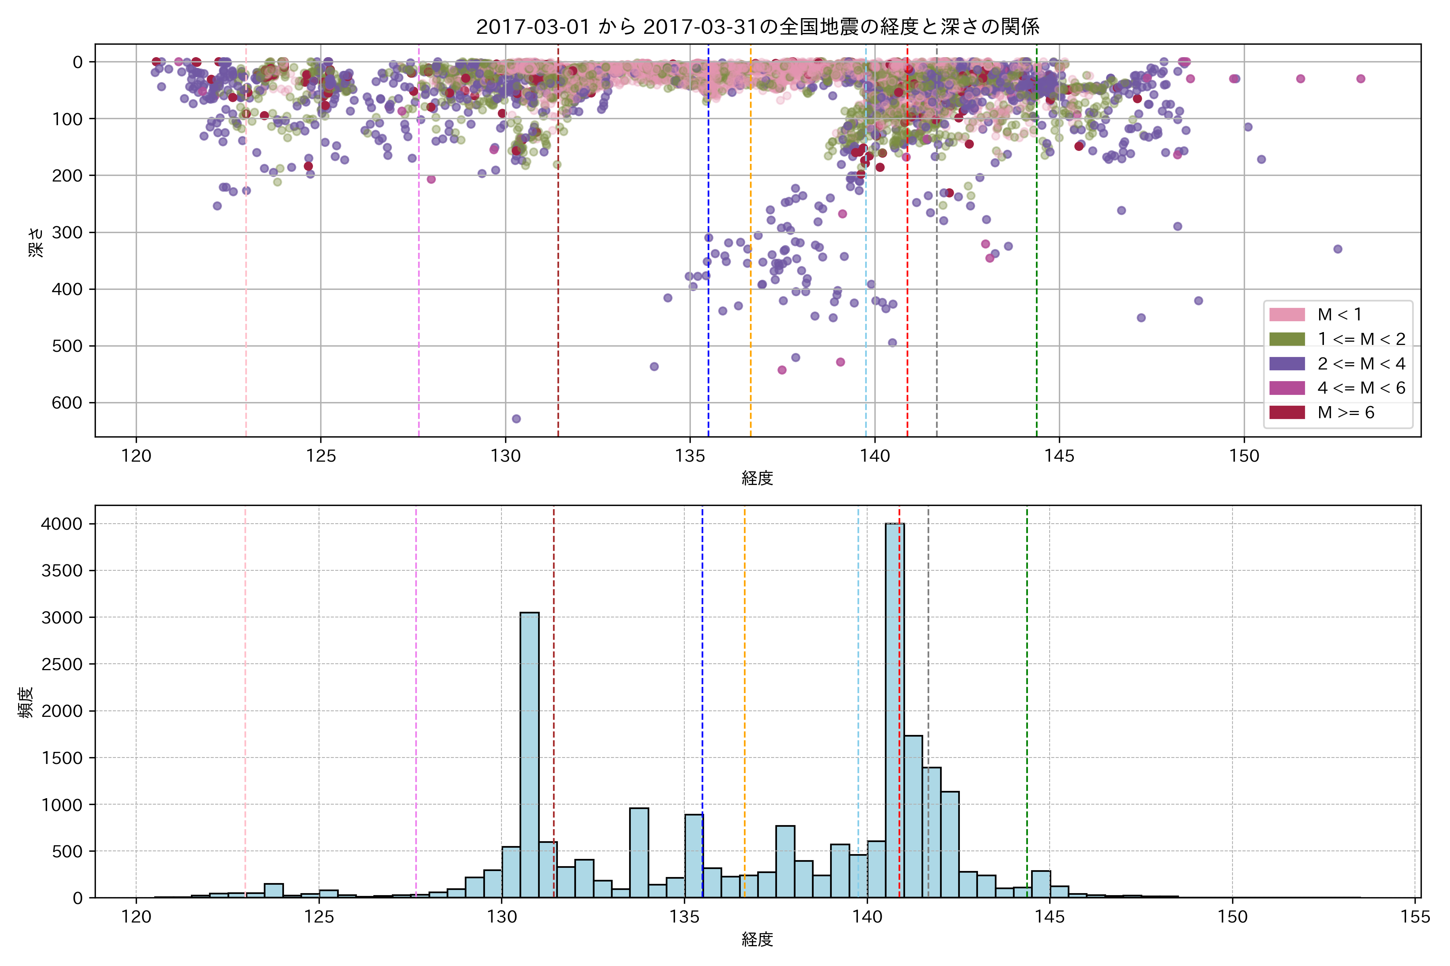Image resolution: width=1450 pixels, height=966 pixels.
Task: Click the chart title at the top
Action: tap(757, 27)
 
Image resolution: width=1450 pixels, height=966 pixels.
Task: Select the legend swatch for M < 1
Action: tap(1286, 315)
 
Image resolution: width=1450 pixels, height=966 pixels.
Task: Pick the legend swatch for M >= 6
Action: tap(1286, 412)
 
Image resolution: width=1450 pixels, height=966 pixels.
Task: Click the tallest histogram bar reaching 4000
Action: tap(895, 708)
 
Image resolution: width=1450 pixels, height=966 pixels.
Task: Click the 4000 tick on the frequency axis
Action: tap(62, 524)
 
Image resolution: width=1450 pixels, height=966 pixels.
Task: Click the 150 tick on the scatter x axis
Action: tap(1244, 456)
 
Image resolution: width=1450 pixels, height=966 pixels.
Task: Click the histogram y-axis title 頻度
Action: tap(26, 702)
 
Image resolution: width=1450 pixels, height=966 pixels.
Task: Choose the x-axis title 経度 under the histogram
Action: tap(757, 939)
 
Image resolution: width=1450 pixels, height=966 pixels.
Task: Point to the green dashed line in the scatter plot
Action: tap(1036, 246)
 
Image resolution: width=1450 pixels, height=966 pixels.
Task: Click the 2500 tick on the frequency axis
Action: tap(62, 664)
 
